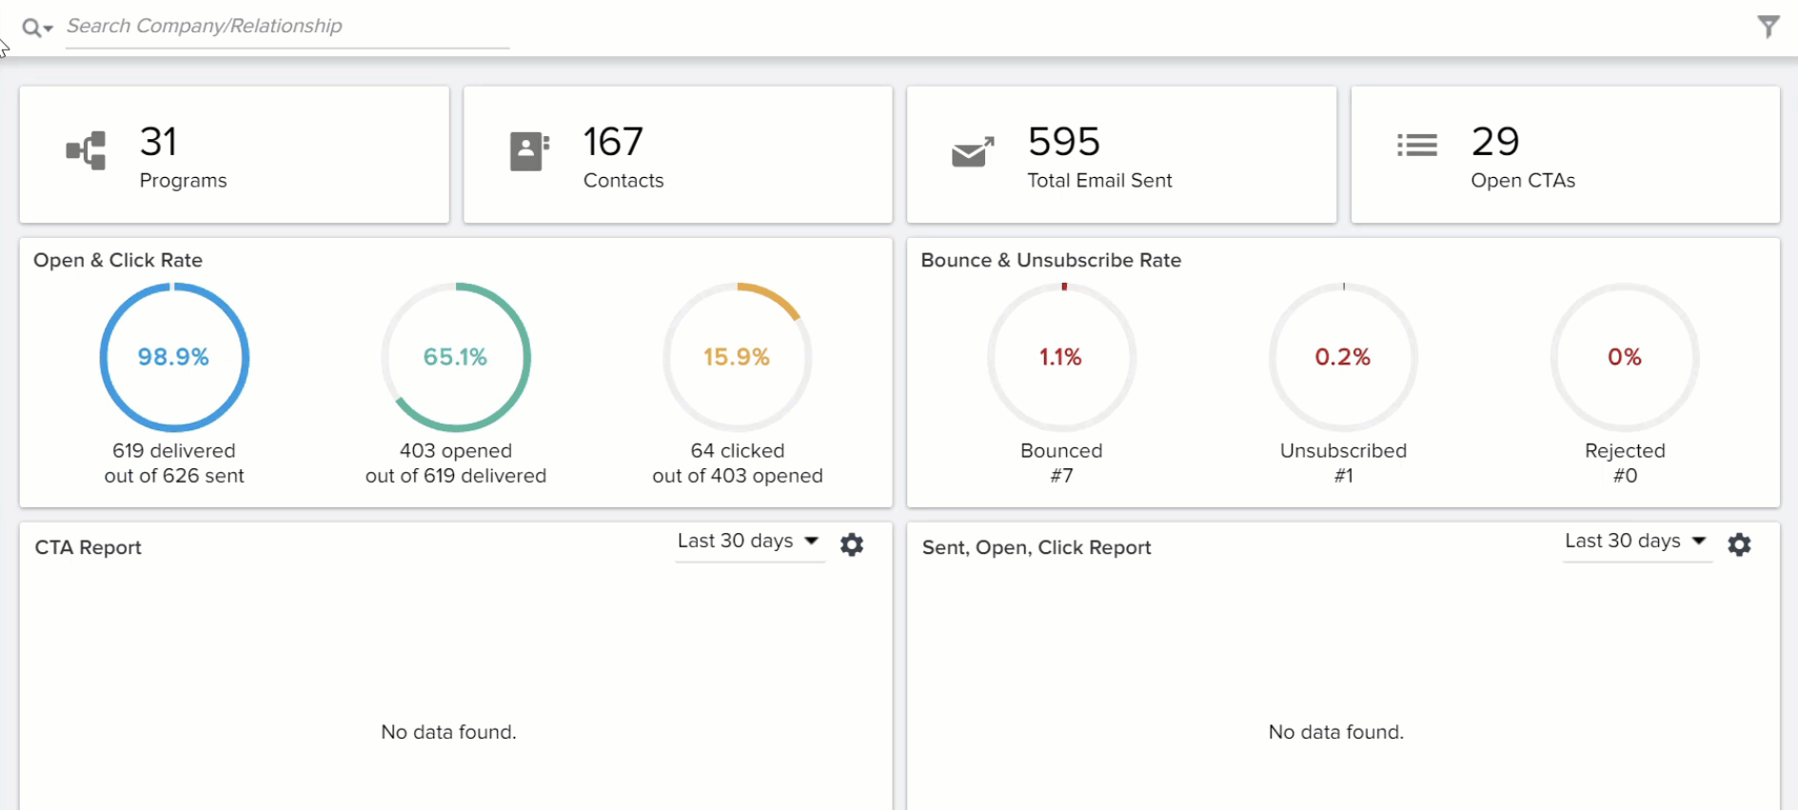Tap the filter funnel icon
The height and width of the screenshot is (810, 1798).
1768,27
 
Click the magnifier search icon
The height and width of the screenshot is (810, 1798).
32,28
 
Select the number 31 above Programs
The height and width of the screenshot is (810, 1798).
158,142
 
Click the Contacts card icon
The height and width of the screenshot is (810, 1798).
529,151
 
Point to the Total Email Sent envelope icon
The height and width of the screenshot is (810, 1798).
973,151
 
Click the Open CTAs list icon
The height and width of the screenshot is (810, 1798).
1416,145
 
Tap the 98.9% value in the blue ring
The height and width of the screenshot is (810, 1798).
173,357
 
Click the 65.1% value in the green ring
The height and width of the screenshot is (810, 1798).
455,357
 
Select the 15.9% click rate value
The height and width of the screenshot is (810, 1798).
737,357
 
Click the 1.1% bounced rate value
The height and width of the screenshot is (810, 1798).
1060,357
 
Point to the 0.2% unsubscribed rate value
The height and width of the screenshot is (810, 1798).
1343,357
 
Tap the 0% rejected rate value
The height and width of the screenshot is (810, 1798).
1625,357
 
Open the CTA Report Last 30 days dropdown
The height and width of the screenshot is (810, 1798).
748,542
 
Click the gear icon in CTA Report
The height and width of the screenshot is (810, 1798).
852,544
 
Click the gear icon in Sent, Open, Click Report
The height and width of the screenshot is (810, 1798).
1739,544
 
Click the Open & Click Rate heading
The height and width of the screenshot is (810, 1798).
118,260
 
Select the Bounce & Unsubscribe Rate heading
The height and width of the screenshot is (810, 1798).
1051,260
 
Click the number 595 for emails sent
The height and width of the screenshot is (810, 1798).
1064,142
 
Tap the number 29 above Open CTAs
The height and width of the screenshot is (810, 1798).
1495,142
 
